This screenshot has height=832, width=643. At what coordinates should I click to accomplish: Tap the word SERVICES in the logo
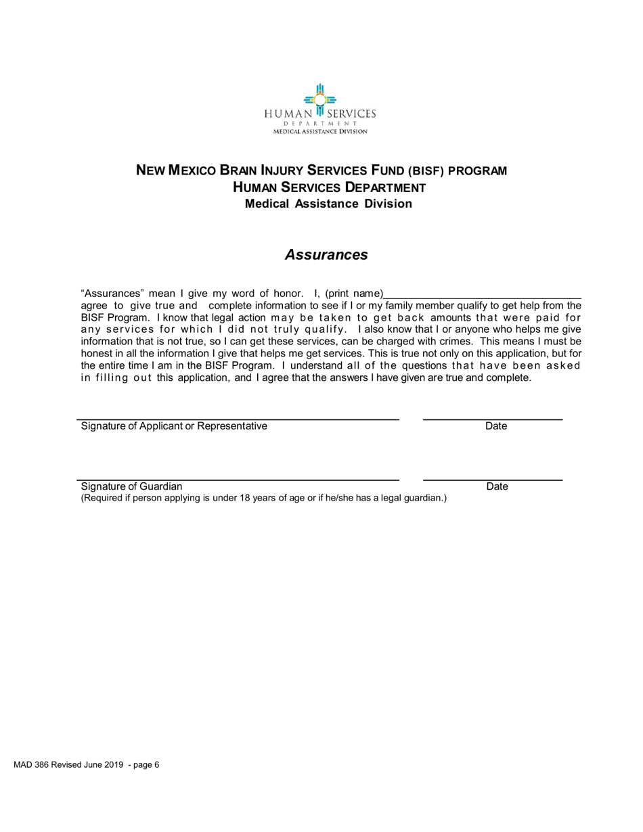[351, 114]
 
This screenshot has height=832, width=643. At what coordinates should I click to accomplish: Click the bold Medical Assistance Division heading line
[328, 204]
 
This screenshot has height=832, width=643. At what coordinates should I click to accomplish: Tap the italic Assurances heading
[326, 255]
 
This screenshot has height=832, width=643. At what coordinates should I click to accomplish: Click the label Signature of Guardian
[131, 486]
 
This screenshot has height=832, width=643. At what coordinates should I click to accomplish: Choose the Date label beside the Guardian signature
[497, 486]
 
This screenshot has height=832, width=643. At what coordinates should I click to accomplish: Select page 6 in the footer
[146, 765]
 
